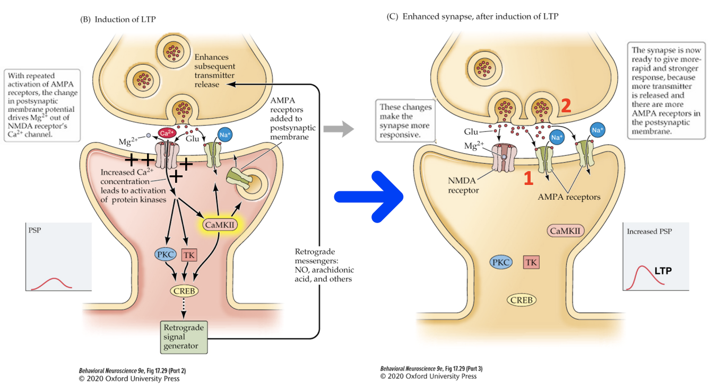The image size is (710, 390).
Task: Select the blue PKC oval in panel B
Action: [x=165, y=254]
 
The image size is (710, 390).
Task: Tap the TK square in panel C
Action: [x=531, y=262]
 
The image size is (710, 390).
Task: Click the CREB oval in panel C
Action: [x=522, y=300]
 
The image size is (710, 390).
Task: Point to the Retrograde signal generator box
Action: [x=184, y=337]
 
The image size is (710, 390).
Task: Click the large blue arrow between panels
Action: [x=369, y=197]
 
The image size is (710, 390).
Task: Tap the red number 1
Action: [x=528, y=179]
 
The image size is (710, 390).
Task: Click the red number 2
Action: [x=566, y=106]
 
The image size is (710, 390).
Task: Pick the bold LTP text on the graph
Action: [x=663, y=271]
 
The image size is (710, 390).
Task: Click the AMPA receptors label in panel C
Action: [x=569, y=197]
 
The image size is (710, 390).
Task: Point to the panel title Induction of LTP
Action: [x=118, y=20]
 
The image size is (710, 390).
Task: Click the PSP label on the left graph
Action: [x=34, y=231]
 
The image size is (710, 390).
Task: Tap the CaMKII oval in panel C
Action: [x=566, y=231]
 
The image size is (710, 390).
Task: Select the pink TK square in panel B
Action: [x=189, y=255]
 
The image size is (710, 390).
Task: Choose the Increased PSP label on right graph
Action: [x=649, y=232]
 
